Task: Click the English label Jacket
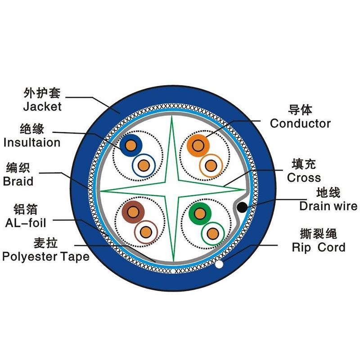coord(42,107)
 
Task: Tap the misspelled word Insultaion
coord(32,142)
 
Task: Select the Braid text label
coord(18,181)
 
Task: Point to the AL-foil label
coord(26,223)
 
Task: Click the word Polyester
coord(30,257)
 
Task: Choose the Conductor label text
coord(300,123)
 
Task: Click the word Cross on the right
coord(304,178)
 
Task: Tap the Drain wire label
coord(328,206)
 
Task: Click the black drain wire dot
coord(242,207)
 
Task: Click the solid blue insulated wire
coord(131,145)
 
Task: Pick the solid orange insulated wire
coord(198,145)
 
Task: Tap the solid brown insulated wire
coord(133,212)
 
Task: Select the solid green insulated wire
coord(200,213)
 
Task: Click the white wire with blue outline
coord(144,165)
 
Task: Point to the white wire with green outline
coord(213,234)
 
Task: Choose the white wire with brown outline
coord(146,232)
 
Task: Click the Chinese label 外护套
coord(42,93)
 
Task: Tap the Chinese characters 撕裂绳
coord(319,234)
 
